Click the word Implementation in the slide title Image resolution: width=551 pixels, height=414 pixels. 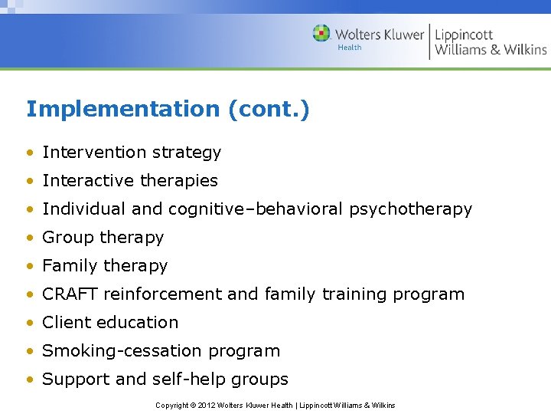pos(122,110)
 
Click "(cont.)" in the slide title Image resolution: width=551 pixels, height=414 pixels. pos(269,110)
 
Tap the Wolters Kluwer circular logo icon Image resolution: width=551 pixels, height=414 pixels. pos(321,34)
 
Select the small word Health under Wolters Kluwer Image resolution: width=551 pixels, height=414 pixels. pos(350,48)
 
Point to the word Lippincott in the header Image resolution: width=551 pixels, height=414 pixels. pos(464,34)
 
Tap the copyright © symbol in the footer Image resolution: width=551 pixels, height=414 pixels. pos(194,405)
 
